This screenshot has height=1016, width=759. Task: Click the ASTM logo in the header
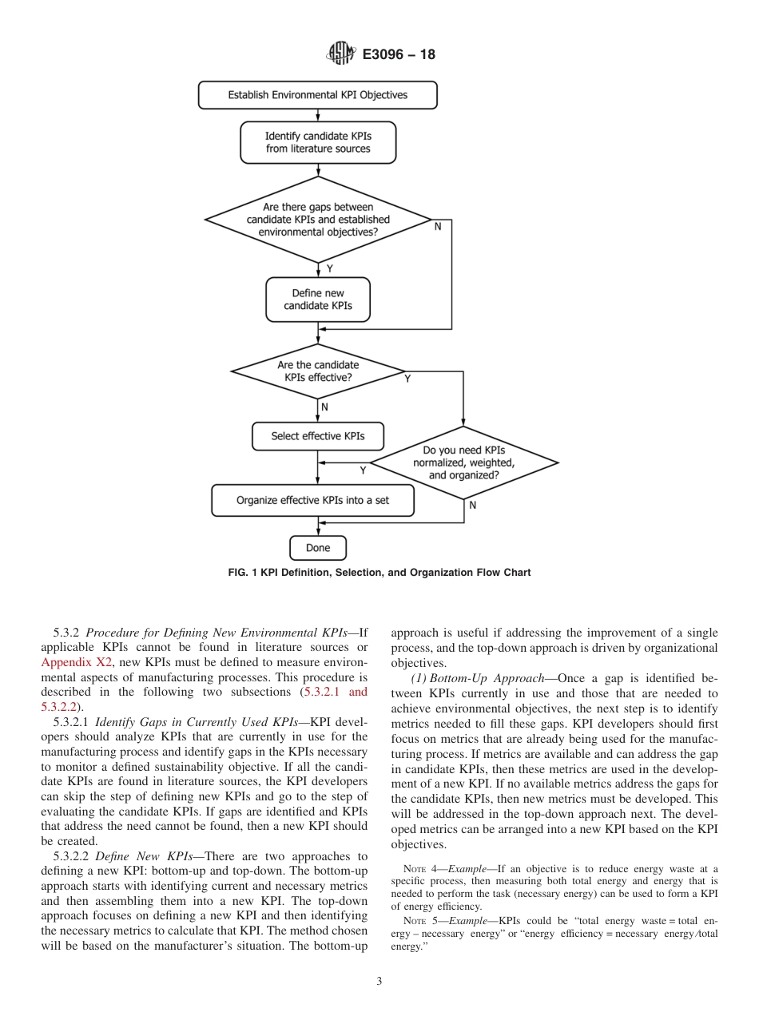click(340, 55)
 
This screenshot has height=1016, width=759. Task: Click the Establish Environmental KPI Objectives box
click(317, 95)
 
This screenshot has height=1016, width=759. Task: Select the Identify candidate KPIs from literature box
click(318, 142)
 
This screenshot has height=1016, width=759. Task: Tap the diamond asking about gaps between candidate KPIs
click(318, 220)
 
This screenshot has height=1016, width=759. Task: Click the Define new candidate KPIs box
click(317, 300)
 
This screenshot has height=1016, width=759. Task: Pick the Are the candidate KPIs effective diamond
click(318, 371)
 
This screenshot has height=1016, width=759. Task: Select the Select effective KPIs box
click(317, 436)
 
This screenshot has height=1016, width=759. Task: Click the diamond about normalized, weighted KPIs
click(463, 462)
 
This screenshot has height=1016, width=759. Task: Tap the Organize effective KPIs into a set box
click(312, 501)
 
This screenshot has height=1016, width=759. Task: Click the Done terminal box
click(317, 548)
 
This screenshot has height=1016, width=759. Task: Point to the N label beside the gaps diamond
click(437, 228)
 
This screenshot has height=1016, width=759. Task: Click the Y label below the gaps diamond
click(329, 269)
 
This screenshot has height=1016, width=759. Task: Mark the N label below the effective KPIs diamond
click(324, 407)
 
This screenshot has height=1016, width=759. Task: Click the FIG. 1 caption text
click(379, 573)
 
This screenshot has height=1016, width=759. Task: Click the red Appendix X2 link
click(77, 662)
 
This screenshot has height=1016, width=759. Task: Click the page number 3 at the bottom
click(379, 982)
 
